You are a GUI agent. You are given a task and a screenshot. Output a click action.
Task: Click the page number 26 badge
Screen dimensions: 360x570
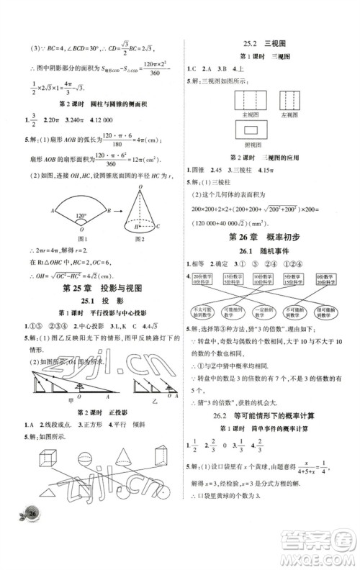(32, 553)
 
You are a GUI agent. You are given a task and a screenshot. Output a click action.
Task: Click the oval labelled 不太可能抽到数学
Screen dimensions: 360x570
(200, 312)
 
